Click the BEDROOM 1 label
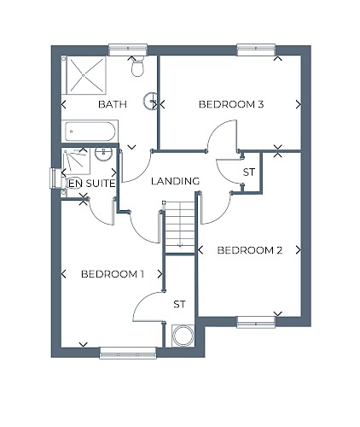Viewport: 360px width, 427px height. (113, 274)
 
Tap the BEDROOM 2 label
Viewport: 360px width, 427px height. (250, 250)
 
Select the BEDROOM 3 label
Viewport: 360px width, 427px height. (231, 104)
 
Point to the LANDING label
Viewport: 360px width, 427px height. (175, 181)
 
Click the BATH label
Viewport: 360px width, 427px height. (113, 104)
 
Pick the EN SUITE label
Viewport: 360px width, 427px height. (92, 184)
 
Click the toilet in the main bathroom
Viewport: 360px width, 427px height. (137, 66)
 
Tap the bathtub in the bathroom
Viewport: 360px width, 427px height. (90, 132)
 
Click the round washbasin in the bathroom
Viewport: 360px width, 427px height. (150, 101)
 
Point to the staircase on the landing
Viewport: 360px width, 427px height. (180, 227)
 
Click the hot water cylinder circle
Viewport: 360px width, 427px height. (183, 336)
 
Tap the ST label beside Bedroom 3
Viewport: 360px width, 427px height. (249, 173)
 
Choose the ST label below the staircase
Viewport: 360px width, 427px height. (179, 304)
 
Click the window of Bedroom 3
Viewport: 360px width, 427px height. (256, 50)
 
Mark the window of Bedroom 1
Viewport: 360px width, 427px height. (128, 353)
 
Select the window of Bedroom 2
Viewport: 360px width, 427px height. (256, 322)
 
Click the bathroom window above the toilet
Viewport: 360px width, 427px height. (128, 50)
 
